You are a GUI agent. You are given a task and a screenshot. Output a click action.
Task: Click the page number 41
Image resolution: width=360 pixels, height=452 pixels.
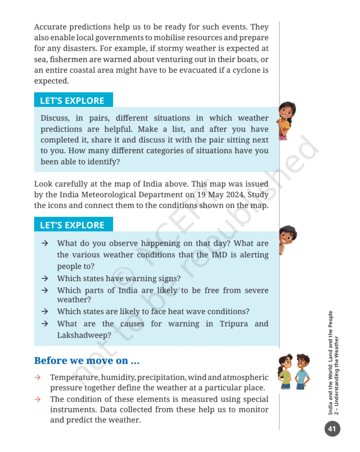[x=332, y=428]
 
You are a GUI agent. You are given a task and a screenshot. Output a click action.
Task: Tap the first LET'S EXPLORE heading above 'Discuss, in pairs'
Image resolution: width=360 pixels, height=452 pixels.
[x=72, y=100]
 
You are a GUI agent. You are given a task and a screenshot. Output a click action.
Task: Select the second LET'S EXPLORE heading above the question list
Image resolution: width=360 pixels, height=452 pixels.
[x=72, y=225]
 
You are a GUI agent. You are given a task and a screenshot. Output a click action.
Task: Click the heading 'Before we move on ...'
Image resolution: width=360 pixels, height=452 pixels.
[x=87, y=361]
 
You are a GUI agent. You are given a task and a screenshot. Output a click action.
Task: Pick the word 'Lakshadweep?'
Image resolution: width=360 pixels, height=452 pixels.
[x=84, y=335]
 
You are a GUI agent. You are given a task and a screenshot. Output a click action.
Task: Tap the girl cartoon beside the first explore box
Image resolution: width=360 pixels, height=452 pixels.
[x=286, y=120]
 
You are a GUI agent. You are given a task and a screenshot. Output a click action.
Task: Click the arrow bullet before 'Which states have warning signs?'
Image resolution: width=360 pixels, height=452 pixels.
[x=45, y=279]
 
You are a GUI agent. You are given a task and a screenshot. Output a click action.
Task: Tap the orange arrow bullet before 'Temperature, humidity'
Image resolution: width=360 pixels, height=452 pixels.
[x=38, y=377]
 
